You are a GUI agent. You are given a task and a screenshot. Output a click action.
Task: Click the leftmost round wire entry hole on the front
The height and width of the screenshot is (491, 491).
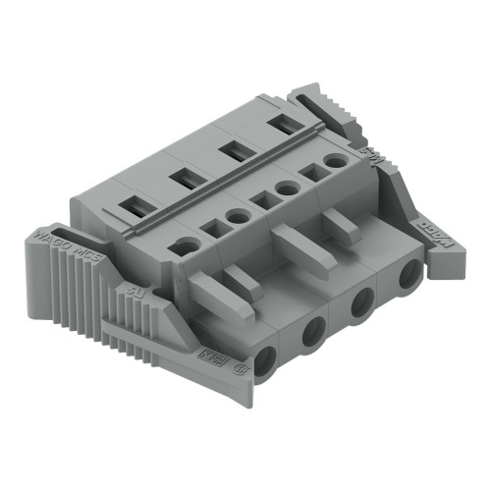265,358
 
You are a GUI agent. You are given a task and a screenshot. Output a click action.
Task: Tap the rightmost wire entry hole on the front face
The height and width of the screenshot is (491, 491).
408,276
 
